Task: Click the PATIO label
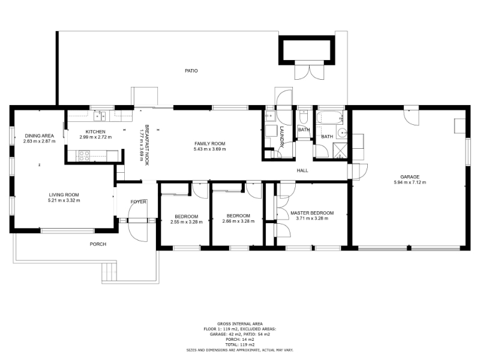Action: [x=191, y=71]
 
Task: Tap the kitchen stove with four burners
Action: [x=84, y=156]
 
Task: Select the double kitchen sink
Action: [x=100, y=116]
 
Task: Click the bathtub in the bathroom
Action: [x=329, y=118]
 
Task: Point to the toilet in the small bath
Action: [x=304, y=116]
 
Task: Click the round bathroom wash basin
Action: [x=342, y=133]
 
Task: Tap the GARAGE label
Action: [x=410, y=176]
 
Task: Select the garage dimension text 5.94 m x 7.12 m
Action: [x=410, y=182]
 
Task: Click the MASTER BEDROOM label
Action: [x=312, y=213]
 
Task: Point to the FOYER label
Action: [x=139, y=202]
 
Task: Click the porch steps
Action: [x=109, y=272]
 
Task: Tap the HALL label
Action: [x=302, y=170]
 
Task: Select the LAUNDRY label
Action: [x=281, y=137]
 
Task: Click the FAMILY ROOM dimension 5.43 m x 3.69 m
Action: [x=209, y=149]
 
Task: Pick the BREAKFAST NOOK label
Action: [x=146, y=145]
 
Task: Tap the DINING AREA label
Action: [x=39, y=136]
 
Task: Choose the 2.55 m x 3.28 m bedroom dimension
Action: [x=187, y=222]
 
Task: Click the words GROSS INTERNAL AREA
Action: [x=240, y=324]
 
